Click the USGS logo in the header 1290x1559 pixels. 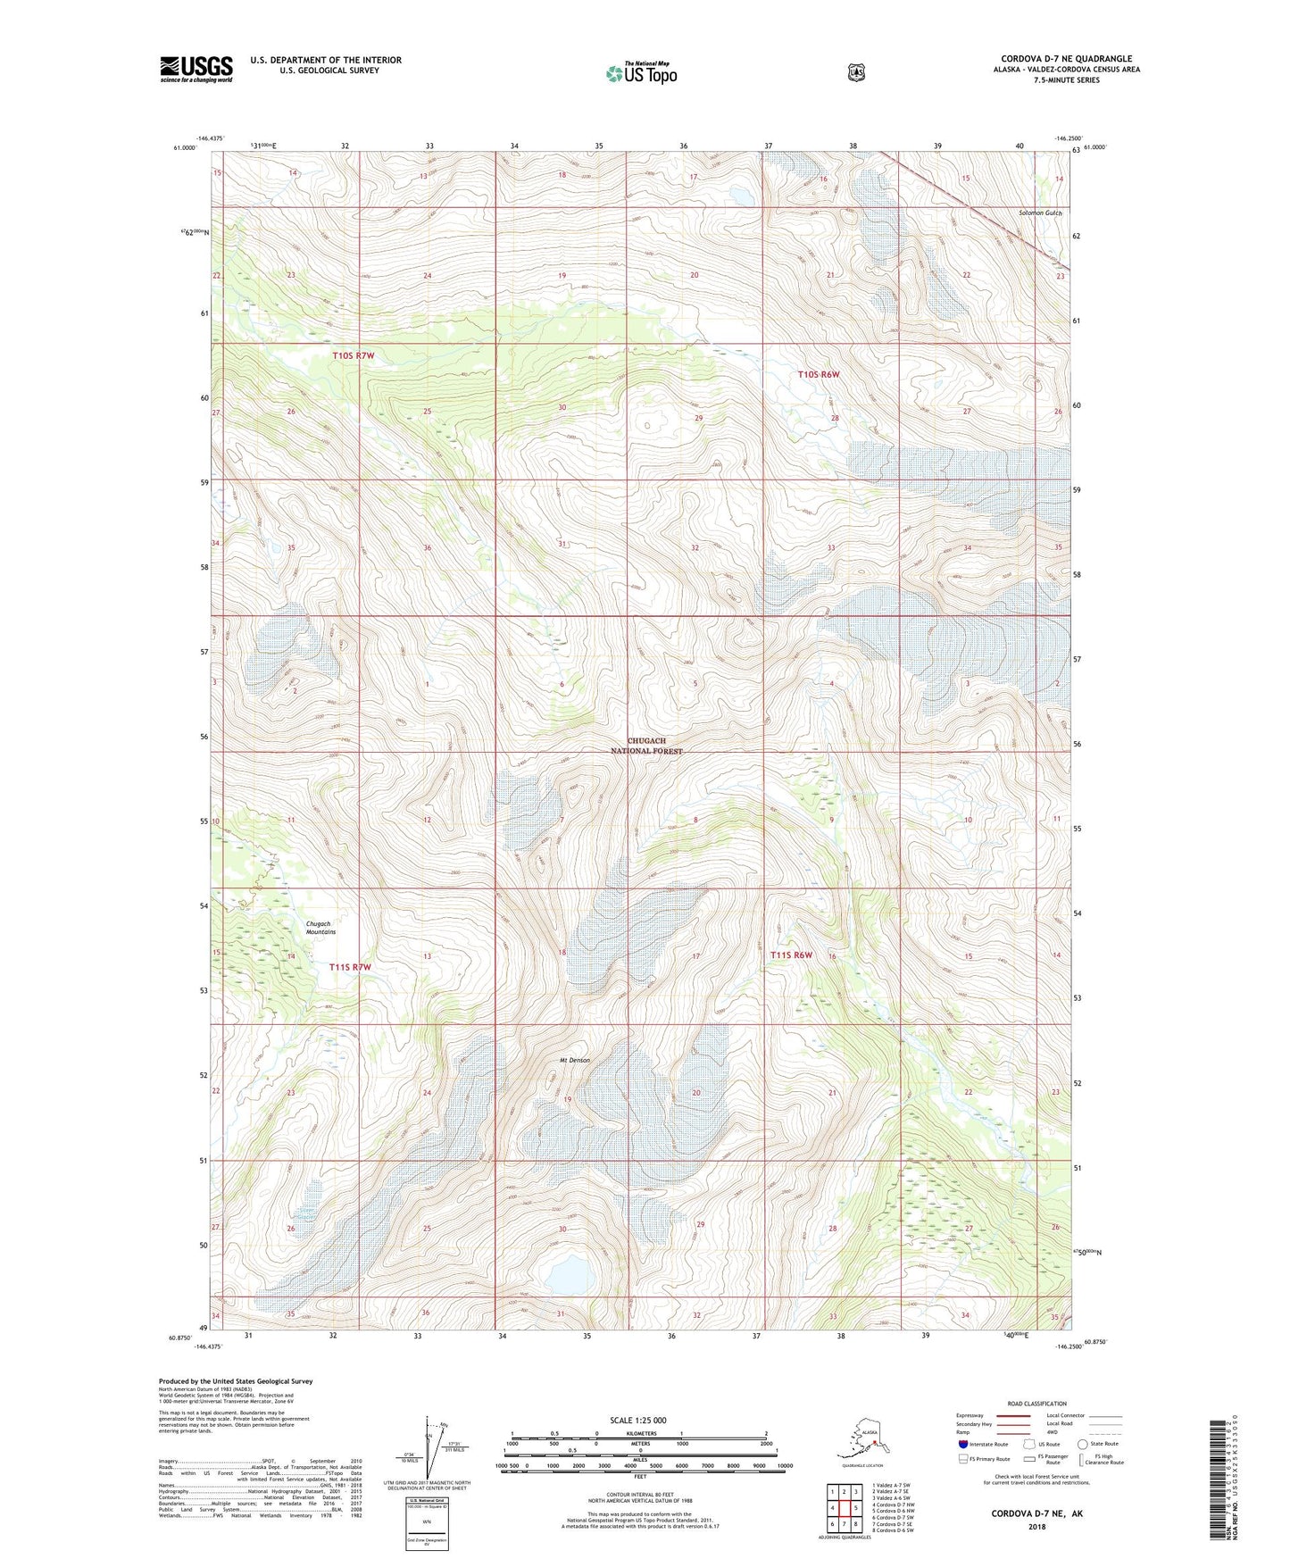pyautogui.click(x=196, y=69)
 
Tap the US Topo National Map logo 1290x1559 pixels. pyautogui.click(x=641, y=73)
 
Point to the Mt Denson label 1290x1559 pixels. pyautogui.click(x=575, y=1060)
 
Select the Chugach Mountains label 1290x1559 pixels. pyautogui.click(x=320, y=928)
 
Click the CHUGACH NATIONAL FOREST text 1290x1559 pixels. pyautogui.click(x=646, y=746)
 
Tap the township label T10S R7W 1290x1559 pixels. pyautogui.click(x=353, y=355)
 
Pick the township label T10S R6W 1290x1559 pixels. pyautogui.click(x=818, y=375)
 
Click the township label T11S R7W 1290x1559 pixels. pyautogui.click(x=349, y=967)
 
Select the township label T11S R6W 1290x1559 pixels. pyautogui.click(x=791, y=955)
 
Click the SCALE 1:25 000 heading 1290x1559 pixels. pyautogui.click(x=637, y=1420)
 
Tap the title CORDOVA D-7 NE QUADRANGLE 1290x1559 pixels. pyautogui.click(x=1066, y=59)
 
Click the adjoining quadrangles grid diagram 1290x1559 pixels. pyautogui.click(x=844, y=1508)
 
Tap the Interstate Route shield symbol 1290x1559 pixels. pyautogui.click(x=962, y=1444)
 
